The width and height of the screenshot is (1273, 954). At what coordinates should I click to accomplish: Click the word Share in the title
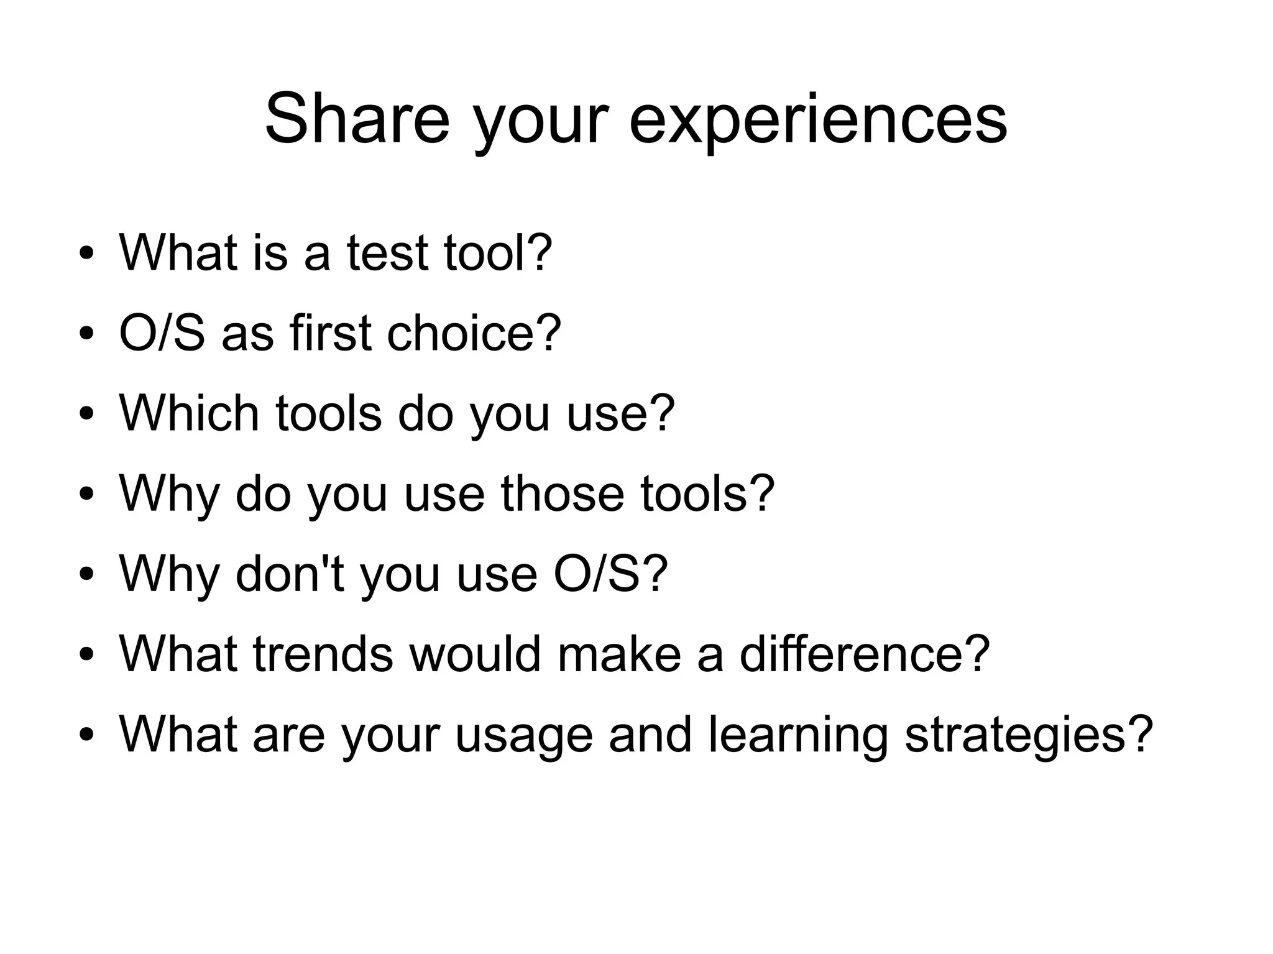click(x=357, y=118)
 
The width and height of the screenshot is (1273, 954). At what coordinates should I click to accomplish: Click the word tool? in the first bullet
click(x=497, y=252)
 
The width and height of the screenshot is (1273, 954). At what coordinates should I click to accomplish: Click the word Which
click(x=189, y=413)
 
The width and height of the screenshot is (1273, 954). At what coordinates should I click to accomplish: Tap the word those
click(x=562, y=493)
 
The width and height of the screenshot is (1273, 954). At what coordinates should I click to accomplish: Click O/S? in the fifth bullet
click(x=610, y=573)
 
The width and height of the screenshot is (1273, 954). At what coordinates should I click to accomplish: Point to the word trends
click(x=323, y=653)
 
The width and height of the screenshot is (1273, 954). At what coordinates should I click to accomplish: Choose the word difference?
click(x=864, y=653)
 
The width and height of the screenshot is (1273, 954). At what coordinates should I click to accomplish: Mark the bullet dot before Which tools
click(x=86, y=414)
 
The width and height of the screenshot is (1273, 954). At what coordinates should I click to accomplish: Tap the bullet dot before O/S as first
click(x=86, y=334)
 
